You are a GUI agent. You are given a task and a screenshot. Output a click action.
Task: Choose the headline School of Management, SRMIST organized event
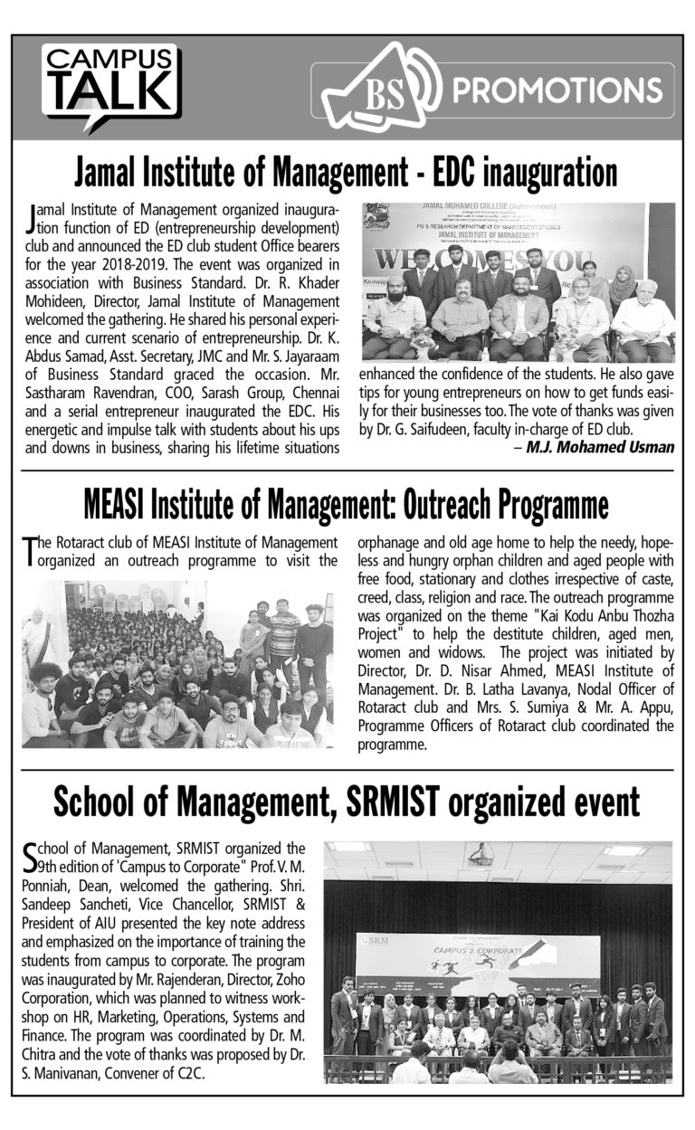pyautogui.click(x=347, y=801)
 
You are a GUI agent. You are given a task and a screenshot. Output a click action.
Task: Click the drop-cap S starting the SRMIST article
pyautogui.click(x=30, y=855)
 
